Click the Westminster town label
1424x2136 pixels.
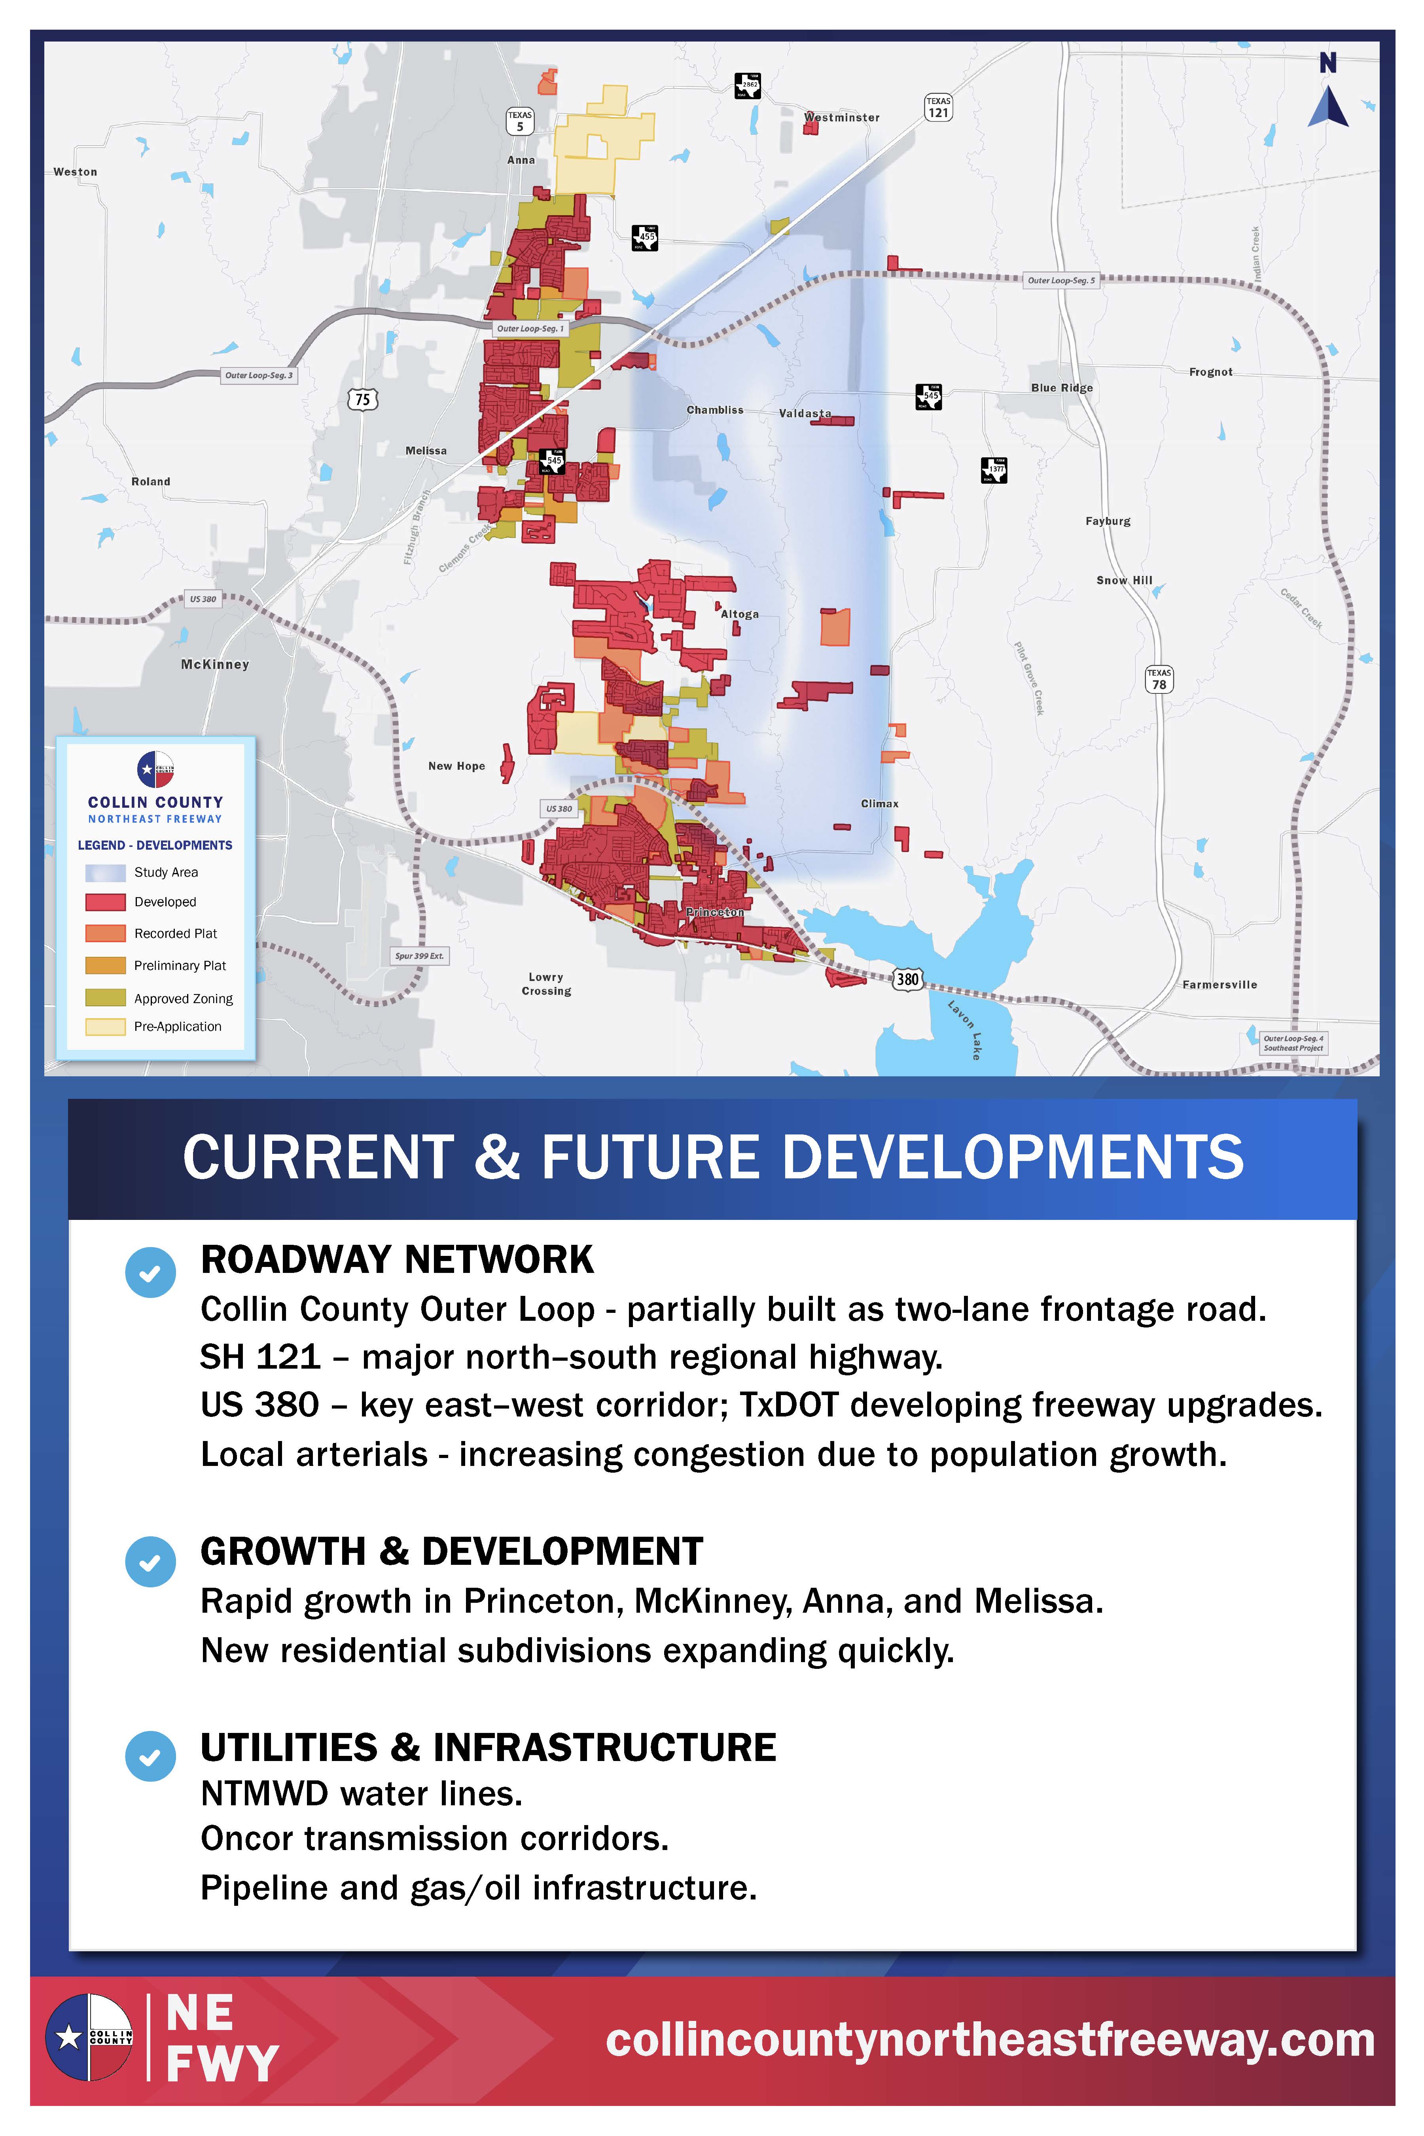842,117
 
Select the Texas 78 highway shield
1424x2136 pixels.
1159,679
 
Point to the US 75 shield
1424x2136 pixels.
362,399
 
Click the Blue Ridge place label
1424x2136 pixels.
1062,388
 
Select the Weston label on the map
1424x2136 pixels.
76,172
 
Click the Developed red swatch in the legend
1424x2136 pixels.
105,902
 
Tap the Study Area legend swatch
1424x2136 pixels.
105,873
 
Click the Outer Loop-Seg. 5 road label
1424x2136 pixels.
1061,280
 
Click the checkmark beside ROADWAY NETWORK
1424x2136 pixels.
150,1273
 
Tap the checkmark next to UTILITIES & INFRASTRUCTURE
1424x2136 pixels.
150,1755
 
